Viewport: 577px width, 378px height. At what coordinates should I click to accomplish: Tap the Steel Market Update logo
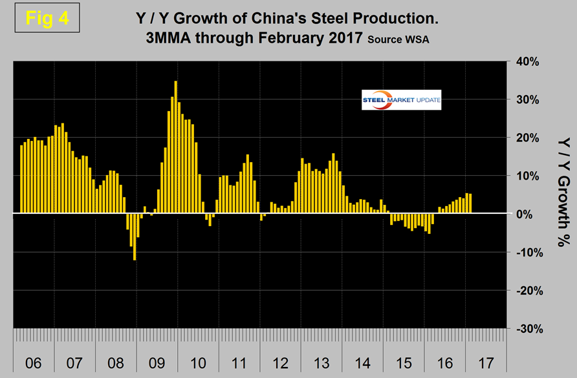(401, 100)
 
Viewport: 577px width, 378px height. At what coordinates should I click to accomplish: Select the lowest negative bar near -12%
(135, 236)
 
